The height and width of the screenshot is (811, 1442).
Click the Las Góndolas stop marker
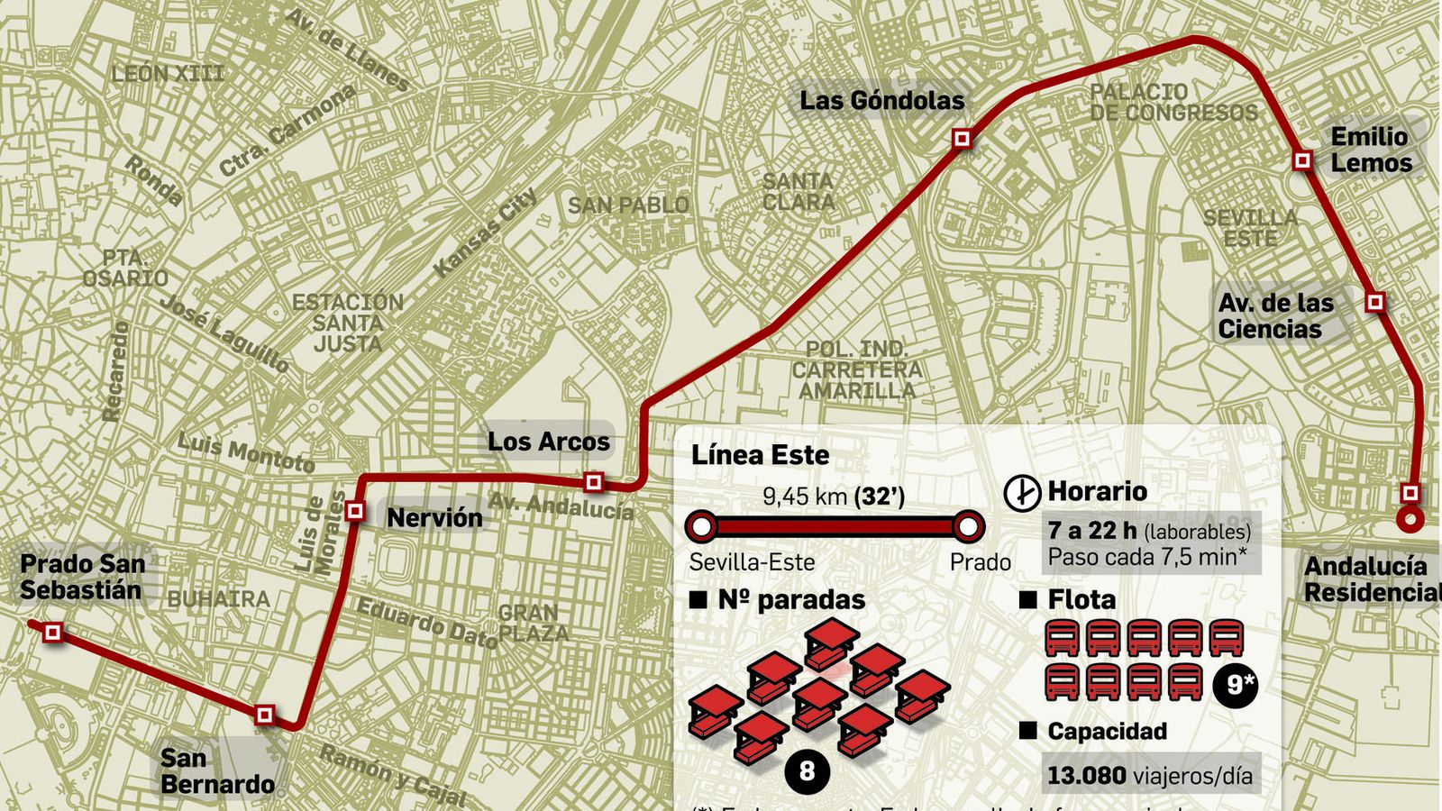963,139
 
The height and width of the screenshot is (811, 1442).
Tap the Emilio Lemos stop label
1371,150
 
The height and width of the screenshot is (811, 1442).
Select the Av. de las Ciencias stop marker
1374,302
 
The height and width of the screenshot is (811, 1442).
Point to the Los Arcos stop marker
593,482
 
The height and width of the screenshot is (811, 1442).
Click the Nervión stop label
434,517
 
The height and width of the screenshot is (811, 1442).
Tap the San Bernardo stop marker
264,715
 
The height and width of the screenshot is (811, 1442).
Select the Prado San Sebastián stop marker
53,633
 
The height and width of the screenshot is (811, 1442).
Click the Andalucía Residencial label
1371,579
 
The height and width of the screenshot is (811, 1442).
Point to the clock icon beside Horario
1022,493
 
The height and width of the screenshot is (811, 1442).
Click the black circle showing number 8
807,771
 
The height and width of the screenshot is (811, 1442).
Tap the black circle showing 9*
1240,685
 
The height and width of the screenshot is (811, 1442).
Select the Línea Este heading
760,455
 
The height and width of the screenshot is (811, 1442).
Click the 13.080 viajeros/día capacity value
1149,775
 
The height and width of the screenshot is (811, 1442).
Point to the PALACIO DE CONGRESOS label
1173,103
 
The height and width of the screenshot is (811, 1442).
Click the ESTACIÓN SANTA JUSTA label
348,323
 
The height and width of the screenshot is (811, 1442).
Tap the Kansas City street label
486,232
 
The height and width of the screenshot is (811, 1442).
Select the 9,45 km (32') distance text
833,496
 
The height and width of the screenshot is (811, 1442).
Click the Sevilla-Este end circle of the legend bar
701,526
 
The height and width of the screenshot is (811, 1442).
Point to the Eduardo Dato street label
427,623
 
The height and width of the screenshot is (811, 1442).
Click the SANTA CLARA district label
799,192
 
